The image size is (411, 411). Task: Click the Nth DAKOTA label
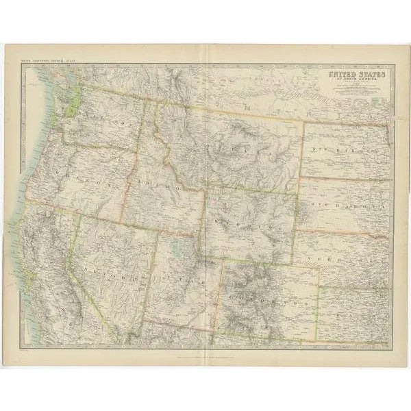tap(346, 149)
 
